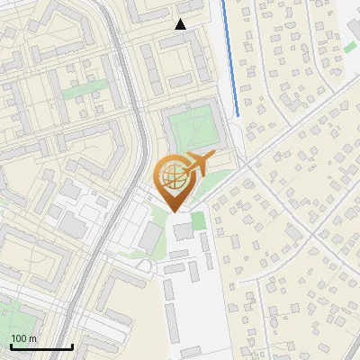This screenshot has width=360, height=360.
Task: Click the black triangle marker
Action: pos(180,24)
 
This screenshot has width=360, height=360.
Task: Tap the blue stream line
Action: pos(230,63)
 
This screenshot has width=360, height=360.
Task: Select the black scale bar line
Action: pos(40,346)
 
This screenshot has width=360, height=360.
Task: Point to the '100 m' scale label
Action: pos(24,338)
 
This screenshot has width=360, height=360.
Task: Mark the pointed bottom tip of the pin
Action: pos(175,211)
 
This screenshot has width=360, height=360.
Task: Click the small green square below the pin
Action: pos(199,220)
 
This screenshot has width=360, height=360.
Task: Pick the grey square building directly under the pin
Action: pos(183,231)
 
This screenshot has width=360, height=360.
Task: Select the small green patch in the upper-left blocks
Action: pos(85,91)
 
